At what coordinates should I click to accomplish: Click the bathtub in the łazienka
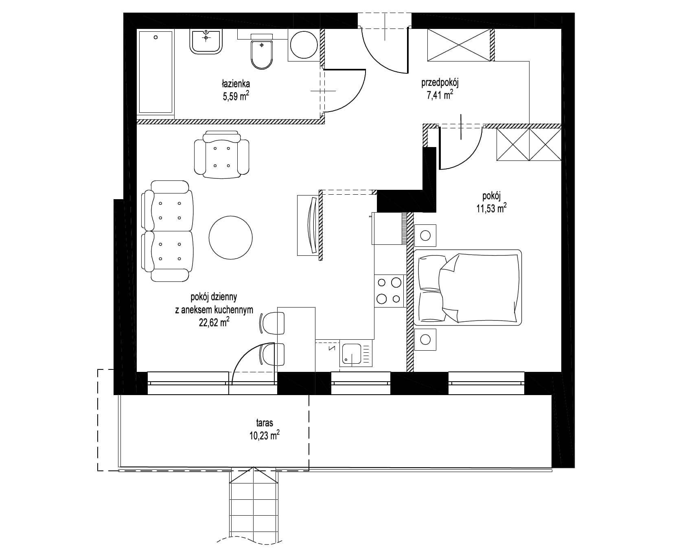click(x=156, y=72)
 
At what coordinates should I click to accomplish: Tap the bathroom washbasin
click(x=207, y=42)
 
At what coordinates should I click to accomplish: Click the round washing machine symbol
click(x=303, y=45)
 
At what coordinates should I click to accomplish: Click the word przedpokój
click(x=440, y=83)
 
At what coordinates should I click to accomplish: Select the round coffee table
click(x=230, y=238)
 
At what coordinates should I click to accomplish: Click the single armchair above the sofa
click(x=221, y=154)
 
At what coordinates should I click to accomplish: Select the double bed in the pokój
click(x=468, y=288)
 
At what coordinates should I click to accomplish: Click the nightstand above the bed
click(x=425, y=235)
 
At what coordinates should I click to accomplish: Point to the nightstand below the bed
click(x=425, y=339)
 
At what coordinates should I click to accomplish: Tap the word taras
click(x=265, y=423)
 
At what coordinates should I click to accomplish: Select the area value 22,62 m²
click(x=214, y=323)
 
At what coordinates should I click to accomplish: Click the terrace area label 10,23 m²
click(x=265, y=436)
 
